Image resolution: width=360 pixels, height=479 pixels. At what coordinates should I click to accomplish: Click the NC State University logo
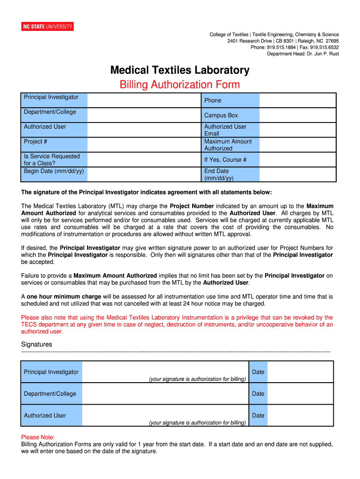[48, 27]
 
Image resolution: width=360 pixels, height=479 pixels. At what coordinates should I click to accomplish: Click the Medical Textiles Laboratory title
[180, 70]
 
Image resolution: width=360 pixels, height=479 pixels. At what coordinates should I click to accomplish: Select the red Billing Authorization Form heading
[180, 85]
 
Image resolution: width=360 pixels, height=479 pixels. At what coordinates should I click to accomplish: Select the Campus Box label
[221, 116]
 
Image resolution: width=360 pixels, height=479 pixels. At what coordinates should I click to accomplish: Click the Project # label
[36, 141]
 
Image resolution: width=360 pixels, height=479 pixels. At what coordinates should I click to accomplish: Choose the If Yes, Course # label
[225, 160]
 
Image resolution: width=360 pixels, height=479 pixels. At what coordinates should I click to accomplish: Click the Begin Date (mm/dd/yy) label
[54, 171]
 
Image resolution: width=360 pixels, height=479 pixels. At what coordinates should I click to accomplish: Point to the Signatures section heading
[36, 344]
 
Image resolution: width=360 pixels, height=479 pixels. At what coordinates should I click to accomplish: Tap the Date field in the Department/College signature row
[300, 394]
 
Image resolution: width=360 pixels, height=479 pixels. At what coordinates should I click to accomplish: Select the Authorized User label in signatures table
[45, 415]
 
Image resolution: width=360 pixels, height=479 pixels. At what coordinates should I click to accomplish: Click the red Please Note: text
[38, 437]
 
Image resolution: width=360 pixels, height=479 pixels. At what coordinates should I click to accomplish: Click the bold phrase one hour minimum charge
[64, 297]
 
